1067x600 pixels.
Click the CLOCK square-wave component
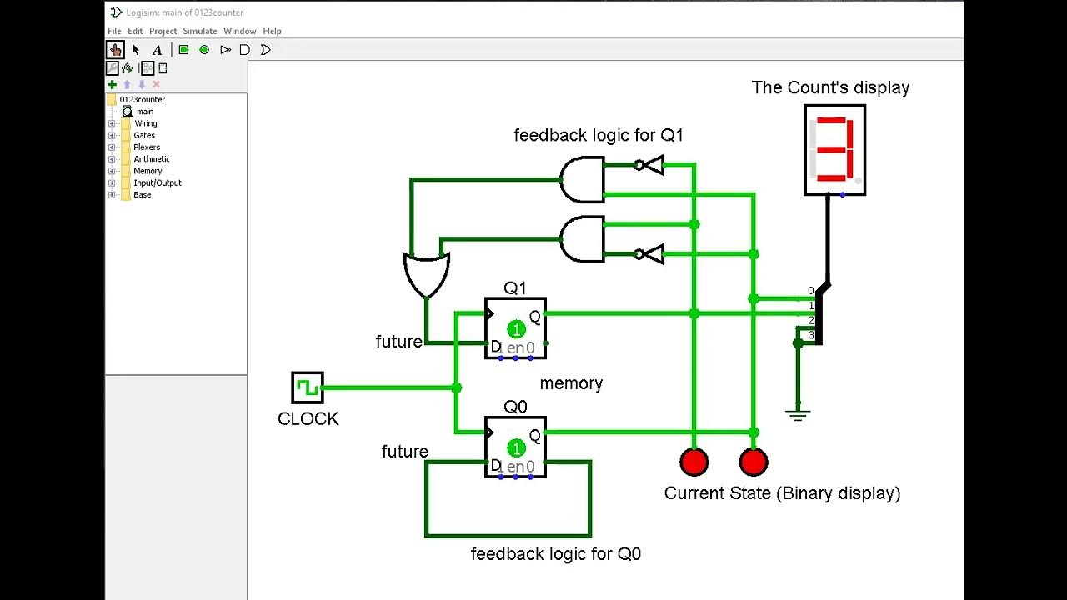pos(308,387)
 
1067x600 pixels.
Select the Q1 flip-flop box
pos(515,329)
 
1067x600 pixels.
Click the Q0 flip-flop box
pos(515,447)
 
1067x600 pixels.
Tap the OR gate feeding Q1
pos(426,273)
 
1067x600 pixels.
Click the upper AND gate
pos(582,179)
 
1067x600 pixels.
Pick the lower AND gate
pos(582,239)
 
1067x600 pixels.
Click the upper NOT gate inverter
pos(649,165)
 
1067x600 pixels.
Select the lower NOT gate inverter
pos(649,254)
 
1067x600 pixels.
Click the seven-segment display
pos(834,150)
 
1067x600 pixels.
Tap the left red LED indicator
pos(694,462)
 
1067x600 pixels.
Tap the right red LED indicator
pos(754,462)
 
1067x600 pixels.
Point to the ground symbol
pos(798,414)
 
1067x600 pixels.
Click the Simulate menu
pos(200,31)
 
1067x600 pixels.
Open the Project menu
pos(163,31)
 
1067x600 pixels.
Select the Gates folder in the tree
pos(144,135)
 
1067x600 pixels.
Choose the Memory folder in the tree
pos(148,171)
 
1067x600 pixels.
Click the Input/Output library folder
pos(157,182)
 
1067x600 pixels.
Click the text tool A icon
pos(157,50)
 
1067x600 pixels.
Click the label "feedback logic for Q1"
pos(598,135)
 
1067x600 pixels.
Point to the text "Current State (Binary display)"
pos(782,493)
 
